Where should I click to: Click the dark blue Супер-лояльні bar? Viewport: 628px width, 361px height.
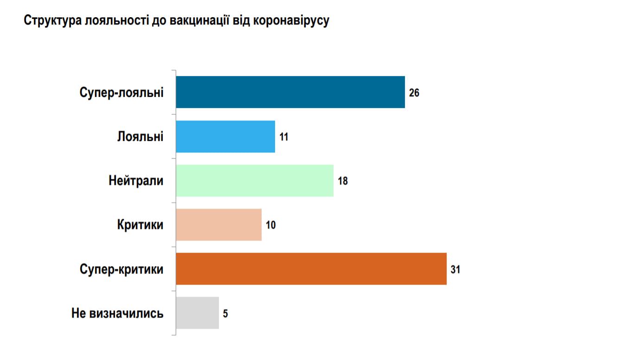point(290,92)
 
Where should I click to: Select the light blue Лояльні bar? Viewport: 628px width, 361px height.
point(225,136)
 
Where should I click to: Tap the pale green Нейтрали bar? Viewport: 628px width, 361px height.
point(255,180)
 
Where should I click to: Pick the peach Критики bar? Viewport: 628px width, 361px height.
point(219,225)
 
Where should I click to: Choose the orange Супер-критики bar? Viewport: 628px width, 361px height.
point(311,269)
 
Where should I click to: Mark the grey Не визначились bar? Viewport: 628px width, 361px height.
point(198,313)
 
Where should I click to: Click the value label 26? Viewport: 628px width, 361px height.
point(414,93)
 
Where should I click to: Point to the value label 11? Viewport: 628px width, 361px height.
point(284,137)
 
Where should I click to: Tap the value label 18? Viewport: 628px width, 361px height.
point(343,181)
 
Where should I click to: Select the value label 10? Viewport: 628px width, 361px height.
point(271,225)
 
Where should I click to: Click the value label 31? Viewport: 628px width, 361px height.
point(455,269)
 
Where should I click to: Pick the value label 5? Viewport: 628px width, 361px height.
point(225,313)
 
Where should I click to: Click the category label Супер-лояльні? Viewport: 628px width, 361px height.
point(122,92)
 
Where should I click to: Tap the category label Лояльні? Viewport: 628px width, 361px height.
point(141,136)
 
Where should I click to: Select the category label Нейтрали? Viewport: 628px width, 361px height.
point(136,180)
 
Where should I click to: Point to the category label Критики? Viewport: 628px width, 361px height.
point(140,225)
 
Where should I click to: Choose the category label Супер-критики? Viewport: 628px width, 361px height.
point(122,269)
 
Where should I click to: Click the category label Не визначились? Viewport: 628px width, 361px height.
point(117,313)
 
